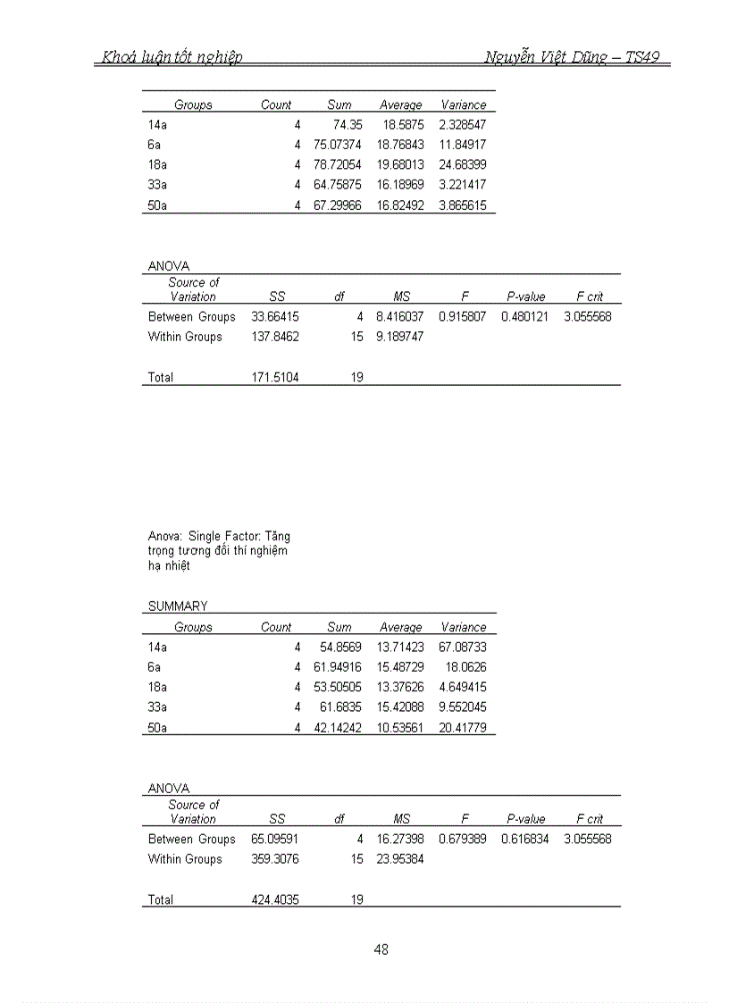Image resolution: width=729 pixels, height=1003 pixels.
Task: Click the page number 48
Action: coord(381,949)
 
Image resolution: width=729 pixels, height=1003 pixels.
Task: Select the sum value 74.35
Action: coord(348,125)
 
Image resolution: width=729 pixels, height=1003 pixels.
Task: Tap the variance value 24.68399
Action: coord(463,165)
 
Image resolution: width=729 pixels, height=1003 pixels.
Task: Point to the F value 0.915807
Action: coord(463,317)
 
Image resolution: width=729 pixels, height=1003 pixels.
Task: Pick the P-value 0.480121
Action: coord(525,317)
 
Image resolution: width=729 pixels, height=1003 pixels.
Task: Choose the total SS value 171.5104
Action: coord(275,378)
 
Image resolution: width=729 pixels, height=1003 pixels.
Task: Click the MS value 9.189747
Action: coord(400,337)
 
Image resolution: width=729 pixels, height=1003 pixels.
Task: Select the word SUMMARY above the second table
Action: coord(178,606)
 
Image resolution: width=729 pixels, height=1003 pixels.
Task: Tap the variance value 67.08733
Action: coord(463,648)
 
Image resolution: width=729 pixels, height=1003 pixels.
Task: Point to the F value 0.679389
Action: coord(463,840)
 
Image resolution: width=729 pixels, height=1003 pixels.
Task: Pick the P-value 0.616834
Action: coord(525,840)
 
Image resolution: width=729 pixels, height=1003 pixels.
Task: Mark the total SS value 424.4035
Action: coord(275,900)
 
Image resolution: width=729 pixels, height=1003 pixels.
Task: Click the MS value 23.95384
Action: coord(400,859)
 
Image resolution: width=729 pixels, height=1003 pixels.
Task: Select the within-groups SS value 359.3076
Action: coord(275,859)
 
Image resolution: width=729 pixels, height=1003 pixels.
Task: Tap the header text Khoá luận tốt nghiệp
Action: coord(172,58)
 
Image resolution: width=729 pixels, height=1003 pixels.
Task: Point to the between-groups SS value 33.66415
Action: coord(275,317)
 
